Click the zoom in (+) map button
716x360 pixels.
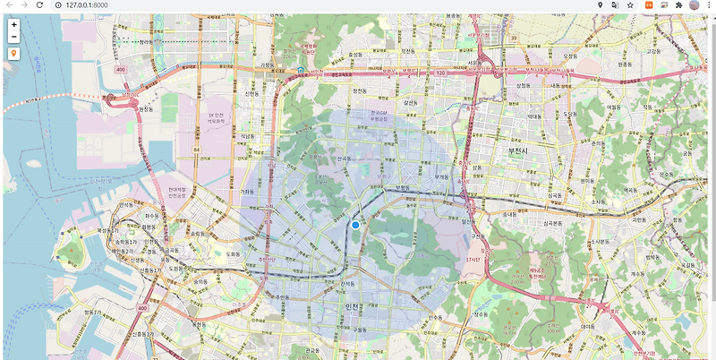coord(14,24)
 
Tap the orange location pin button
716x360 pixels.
coord(14,54)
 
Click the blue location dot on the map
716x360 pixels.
coord(355,225)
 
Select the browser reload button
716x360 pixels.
coord(40,5)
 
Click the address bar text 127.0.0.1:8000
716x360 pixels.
coord(85,5)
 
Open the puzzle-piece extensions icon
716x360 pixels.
coord(678,5)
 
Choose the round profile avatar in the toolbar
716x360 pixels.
coord(695,5)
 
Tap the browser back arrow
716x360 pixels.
coord(9,5)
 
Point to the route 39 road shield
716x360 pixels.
coord(514,39)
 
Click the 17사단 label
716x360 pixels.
coord(473,260)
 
